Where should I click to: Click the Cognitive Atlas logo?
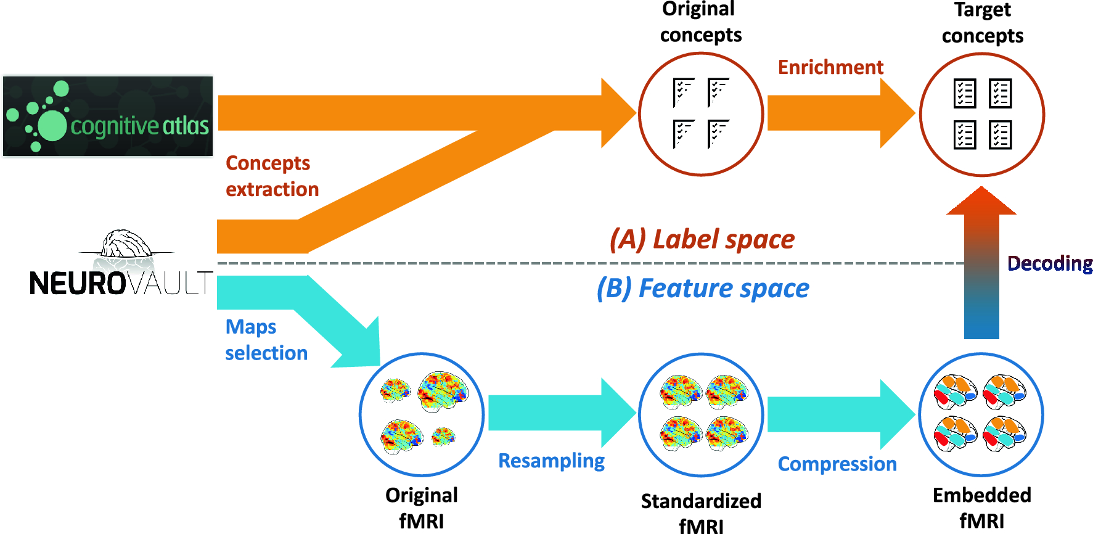[108, 116]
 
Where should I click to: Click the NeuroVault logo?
[121, 265]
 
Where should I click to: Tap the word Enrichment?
[830, 67]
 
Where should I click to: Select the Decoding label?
[1049, 264]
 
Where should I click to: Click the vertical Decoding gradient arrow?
[981, 265]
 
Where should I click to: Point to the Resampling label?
[551, 461]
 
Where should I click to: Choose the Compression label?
[837, 464]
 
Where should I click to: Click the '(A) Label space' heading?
[702, 239]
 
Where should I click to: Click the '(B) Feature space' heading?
[703, 289]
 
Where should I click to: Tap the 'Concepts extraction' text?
[272, 176]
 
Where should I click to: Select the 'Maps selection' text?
[266, 340]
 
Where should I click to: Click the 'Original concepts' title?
[700, 22]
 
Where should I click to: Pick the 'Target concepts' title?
[982, 23]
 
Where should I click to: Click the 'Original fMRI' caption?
[422, 507]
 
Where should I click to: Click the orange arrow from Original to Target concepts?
[838, 113]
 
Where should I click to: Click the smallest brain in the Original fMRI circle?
[443, 437]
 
